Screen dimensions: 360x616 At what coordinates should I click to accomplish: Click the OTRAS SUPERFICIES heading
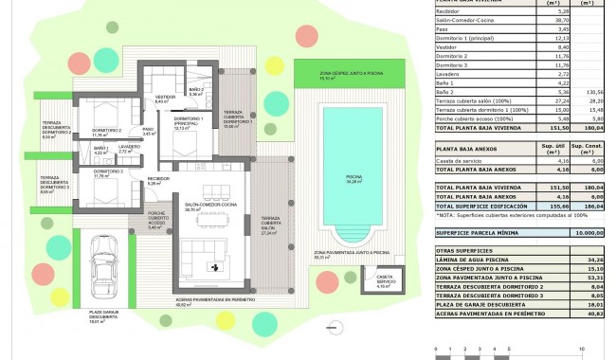459,250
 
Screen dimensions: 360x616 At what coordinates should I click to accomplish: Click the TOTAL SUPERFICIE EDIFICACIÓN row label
474,205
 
